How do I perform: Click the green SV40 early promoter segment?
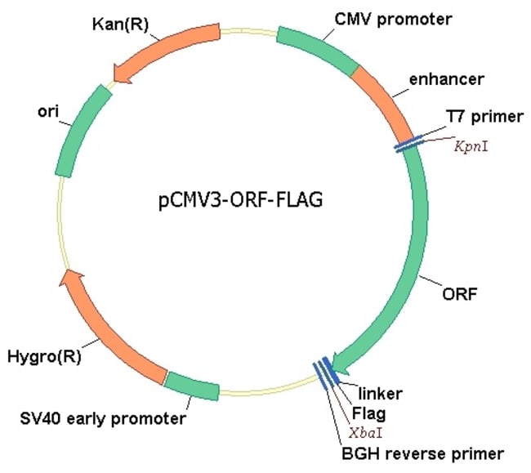pyautogui.click(x=193, y=386)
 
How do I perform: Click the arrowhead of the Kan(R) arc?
pyautogui.click(x=125, y=73)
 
